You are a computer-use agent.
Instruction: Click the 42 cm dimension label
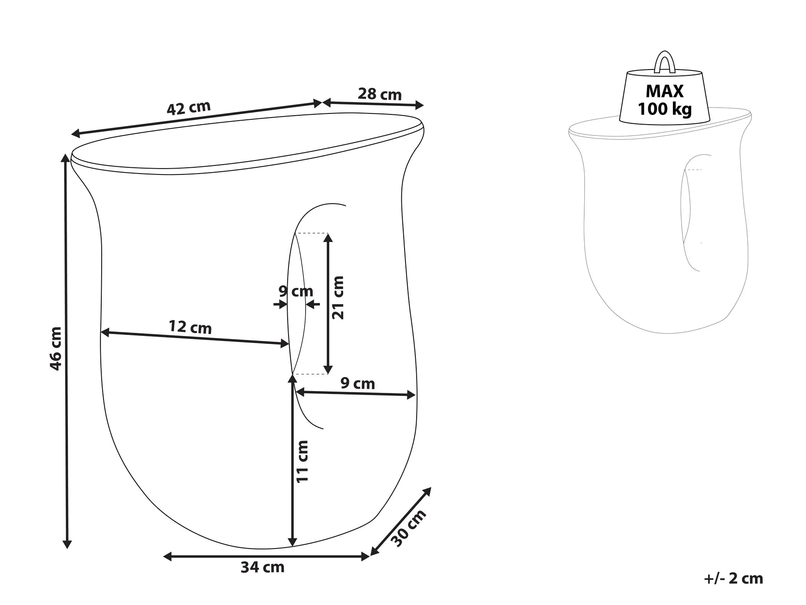tap(189, 108)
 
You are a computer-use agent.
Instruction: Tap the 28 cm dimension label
tap(380, 94)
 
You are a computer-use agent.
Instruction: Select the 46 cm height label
tap(56, 348)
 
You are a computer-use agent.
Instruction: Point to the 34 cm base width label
tap(263, 567)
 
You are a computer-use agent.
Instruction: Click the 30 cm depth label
tap(409, 528)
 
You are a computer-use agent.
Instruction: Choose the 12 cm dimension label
tap(190, 327)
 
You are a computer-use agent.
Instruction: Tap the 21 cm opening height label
tap(338, 297)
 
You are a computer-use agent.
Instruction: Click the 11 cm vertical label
tap(303, 461)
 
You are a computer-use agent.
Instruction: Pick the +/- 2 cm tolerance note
tap(733, 579)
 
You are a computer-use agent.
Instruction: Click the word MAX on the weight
tap(664, 91)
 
